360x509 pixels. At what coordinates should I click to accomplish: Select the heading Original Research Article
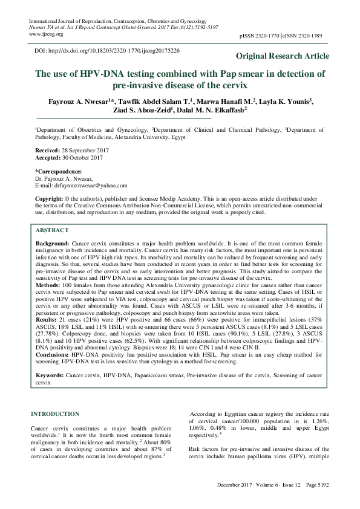click(x=283, y=56)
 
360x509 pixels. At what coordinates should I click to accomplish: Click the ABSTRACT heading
click(x=53, y=231)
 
